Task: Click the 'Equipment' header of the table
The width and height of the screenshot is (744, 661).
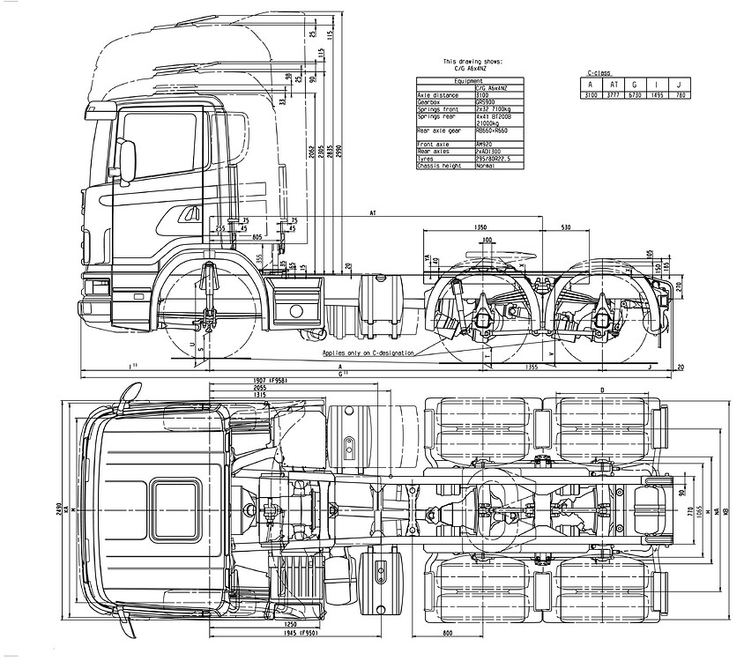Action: click(469, 80)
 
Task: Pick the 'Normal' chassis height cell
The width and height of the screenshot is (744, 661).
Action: click(487, 166)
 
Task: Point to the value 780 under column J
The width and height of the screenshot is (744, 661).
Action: click(679, 93)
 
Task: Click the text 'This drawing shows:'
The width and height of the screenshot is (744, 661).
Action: click(472, 63)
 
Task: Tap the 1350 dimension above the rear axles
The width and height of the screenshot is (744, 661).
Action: click(480, 227)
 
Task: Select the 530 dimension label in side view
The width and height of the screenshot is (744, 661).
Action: click(566, 227)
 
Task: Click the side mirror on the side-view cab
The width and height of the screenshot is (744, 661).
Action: click(128, 161)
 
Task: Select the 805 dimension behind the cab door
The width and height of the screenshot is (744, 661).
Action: click(256, 236)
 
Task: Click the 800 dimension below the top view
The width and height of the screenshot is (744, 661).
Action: click(448, 633)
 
